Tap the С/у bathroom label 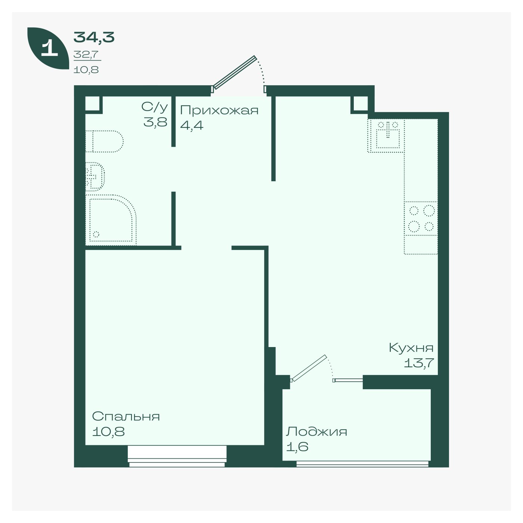[x=154, y=107]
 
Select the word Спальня [x=126, y=416]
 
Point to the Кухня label [x=411, y=348]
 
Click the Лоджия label [x=316, y=431]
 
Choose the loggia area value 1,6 [x=297, y=446]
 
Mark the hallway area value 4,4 [x=192, y=126]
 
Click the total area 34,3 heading [x=94, y=37]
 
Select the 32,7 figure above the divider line [x=86, y=55]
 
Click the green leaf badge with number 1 [x=48, y=48]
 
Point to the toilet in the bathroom [x=105, y=142]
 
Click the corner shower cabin [x=111, y=220]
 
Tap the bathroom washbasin [x=95, y=177]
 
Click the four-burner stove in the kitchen [x=421, y=219]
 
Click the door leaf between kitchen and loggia [x=309, y=368]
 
